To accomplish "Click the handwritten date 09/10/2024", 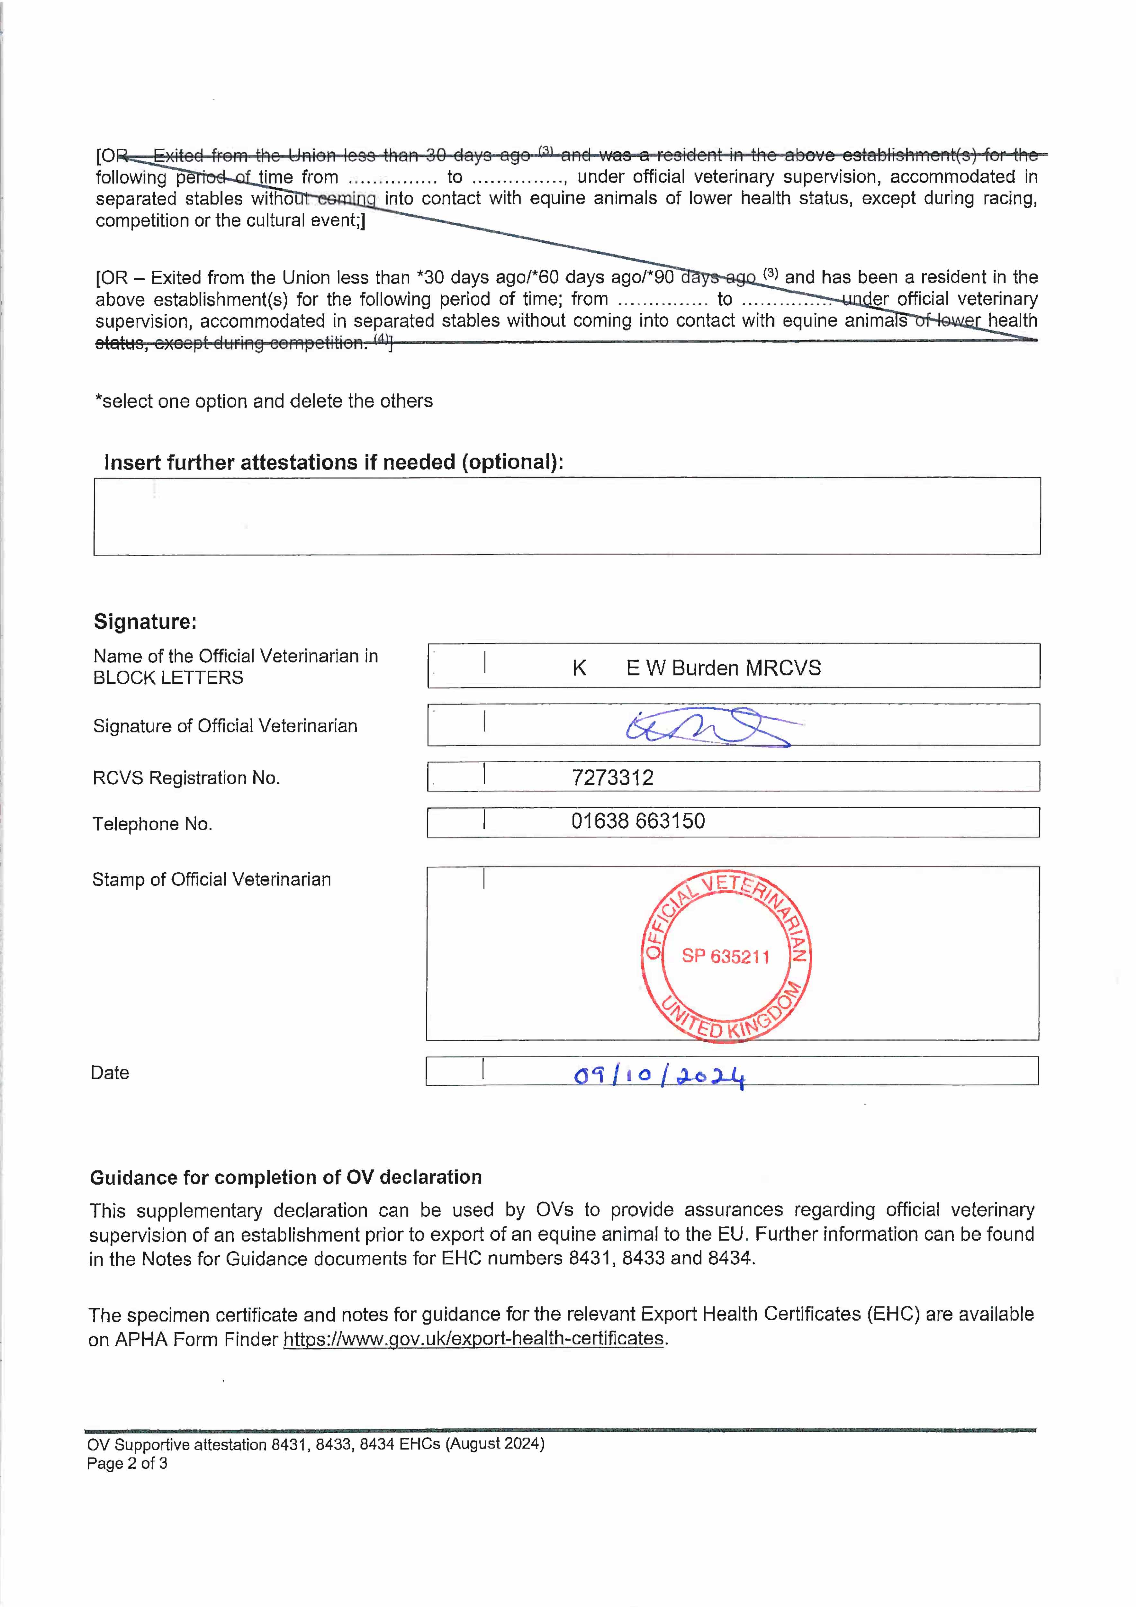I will pos(659,1076).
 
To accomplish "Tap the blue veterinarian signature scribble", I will pos(707,728).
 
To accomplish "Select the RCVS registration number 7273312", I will pos(612,777).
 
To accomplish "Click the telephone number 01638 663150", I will pos(638,821).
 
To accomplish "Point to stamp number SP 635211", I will pos(726,956).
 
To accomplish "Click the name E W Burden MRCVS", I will pos(723,669).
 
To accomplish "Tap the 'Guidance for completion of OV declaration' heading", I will pos(285,1177).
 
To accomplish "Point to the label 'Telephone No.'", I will pos(152,824).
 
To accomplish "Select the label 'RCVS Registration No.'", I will pos(186,777).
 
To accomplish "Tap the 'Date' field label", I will pos(110,1073).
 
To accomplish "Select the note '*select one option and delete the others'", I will pos(264,401).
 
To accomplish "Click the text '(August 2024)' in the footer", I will pos(495,1444).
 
